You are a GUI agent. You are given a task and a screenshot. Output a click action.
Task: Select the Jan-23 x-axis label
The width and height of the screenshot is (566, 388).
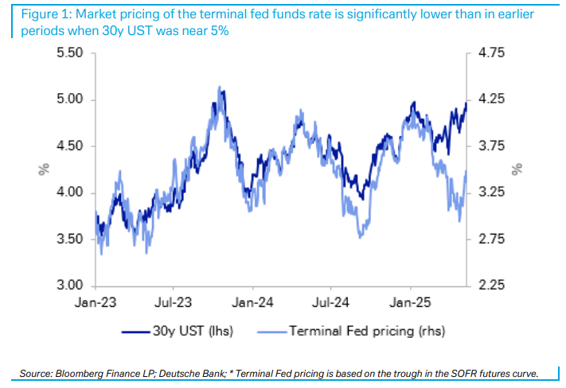point(96,303)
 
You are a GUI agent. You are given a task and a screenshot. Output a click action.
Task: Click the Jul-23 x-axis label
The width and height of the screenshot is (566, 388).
point(174,303)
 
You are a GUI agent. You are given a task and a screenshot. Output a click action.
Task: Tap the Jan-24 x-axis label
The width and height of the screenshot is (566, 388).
point(253,303)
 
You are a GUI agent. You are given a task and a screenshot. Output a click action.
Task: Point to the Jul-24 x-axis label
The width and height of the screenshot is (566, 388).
point(331,303)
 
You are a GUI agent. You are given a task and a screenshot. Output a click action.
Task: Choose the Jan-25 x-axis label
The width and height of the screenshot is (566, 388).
point(410,303)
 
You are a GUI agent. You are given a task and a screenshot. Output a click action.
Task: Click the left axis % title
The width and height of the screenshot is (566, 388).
point(45,169)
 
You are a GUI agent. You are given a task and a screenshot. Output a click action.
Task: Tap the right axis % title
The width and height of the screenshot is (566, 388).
point(517,169)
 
